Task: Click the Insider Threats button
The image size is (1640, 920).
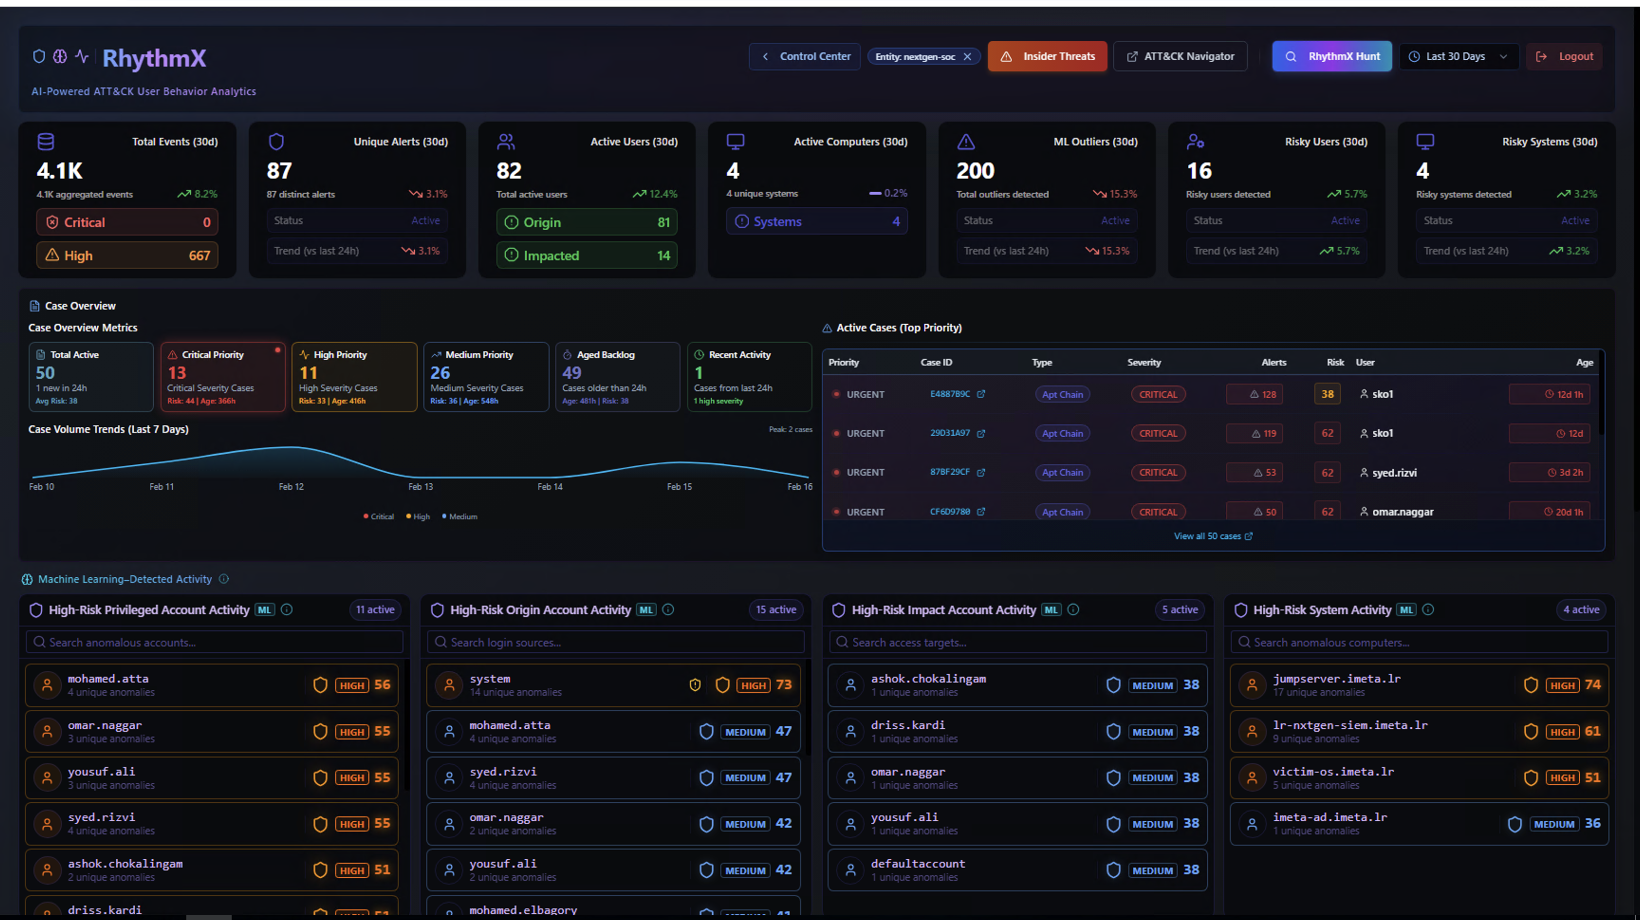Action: point(1047,56)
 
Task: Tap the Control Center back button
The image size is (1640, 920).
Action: point(805,56)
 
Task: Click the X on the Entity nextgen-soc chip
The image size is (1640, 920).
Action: point(967,56)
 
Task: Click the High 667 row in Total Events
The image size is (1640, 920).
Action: point(127,255)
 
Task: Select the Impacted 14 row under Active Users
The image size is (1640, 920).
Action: point(587,255)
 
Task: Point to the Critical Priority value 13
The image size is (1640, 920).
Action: point(177,373)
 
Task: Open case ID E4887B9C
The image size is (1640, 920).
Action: point(950,394)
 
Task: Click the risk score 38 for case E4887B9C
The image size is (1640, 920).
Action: point(1327,394)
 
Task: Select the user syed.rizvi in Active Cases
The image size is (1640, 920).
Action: point(1394,472)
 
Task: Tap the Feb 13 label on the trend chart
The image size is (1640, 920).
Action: point(420,487)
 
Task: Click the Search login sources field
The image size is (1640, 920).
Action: point(615,642)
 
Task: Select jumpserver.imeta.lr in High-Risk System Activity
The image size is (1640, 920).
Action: point(1337,679)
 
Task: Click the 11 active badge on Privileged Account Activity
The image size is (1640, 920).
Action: point(375,610)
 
